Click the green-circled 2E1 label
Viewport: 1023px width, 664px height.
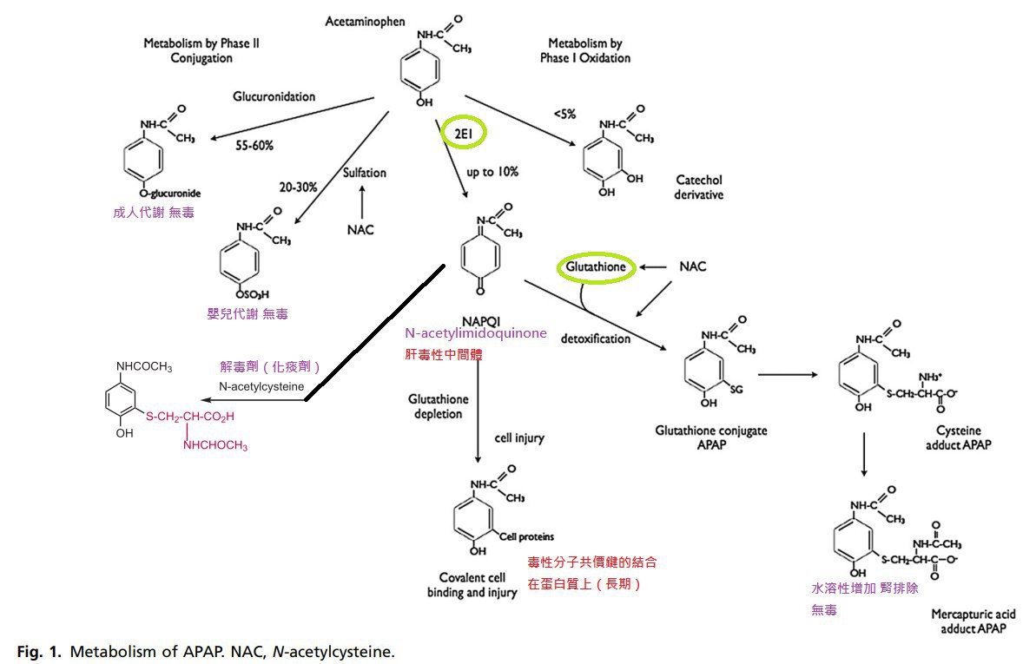(464, 132)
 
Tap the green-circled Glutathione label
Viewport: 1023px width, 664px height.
(595, 267)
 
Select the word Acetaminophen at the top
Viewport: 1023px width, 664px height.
(365, 22)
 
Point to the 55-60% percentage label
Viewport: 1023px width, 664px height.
(254, 146)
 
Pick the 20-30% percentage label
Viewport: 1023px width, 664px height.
(297, 187)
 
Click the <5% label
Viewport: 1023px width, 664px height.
(564, 114)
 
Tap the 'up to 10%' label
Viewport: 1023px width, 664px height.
(492, 172)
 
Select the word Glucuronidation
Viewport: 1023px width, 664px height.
(274, 96)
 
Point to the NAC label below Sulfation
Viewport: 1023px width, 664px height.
(361, 230)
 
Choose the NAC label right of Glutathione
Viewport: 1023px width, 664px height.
(692, 266)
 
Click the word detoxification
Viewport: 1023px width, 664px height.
(596, 339)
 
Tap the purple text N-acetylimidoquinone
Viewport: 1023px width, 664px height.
(475, 333)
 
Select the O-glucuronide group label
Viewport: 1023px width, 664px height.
(169, 194)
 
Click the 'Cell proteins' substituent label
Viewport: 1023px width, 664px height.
(526, 536)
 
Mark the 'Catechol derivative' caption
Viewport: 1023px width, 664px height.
(698, 187)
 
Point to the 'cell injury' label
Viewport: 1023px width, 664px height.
(519, 437)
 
